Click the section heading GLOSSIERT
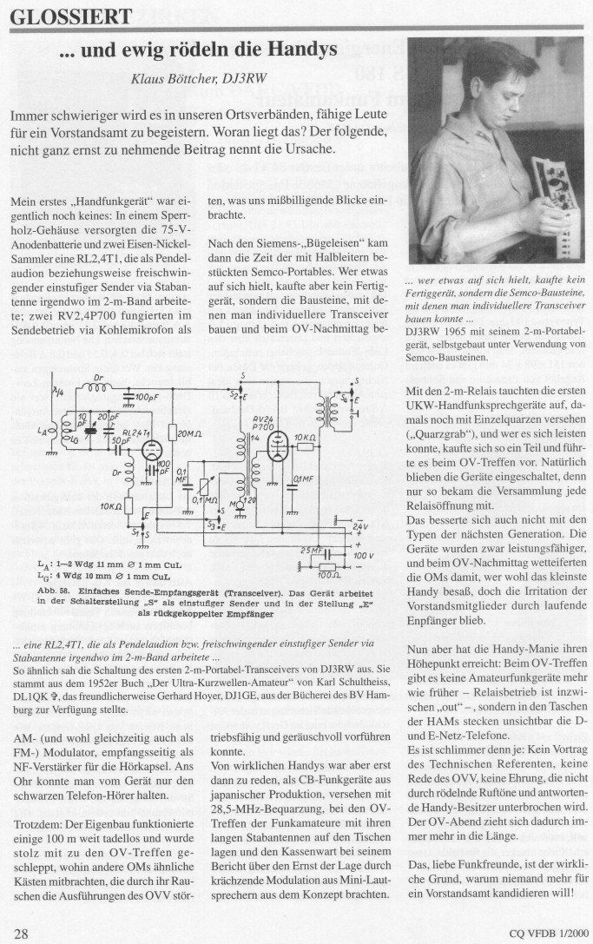[71, 15]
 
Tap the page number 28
[22, 933]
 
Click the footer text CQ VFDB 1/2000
[546, 934]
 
